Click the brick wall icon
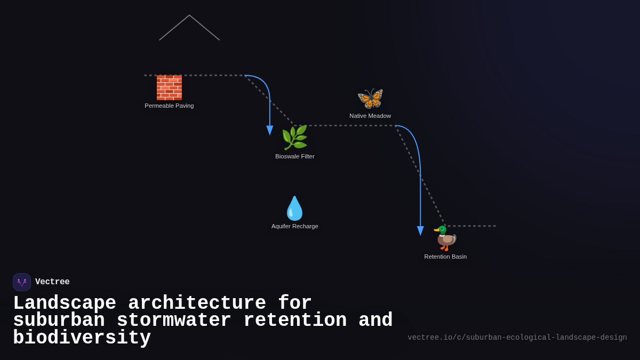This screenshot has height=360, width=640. coord(169,87)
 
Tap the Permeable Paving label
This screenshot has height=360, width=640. coord(169,106)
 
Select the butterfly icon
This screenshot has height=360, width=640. coord(370,98)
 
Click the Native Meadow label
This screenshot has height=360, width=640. coord(370,116)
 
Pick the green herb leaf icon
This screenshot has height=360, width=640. coord(294,138)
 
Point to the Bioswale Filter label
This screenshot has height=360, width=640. coord(295,156)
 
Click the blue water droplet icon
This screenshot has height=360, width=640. coord(294,208)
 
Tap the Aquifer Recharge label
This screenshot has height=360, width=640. coord(295,226)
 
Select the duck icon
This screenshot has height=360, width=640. coord(445,238)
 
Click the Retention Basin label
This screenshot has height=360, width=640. coord(445,257)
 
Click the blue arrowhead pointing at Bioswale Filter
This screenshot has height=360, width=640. coord(270,130)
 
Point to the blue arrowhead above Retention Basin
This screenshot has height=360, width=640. coord(420,230)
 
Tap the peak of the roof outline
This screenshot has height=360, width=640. coord(189,15)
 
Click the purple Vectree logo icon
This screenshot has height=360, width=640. coord(22,282)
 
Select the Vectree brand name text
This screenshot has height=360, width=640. coord(52,282)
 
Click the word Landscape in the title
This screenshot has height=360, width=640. coord(65,303)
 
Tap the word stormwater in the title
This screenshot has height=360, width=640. coord(174,321)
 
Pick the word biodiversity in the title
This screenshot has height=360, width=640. coord(82,338)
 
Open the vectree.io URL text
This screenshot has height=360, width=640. coord(517,338)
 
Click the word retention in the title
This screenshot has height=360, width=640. coord(295,321)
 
